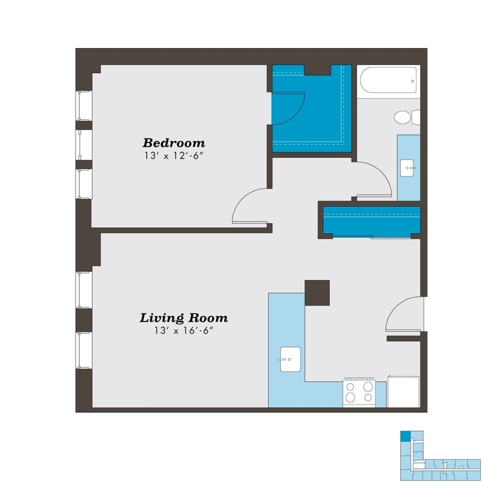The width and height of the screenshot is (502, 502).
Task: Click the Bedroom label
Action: pos(174,143)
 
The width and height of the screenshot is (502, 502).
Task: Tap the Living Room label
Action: pos(183,318)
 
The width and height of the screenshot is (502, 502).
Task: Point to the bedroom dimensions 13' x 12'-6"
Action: pos(174,156)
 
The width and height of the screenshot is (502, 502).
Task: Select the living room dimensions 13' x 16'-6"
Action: pos(183,331)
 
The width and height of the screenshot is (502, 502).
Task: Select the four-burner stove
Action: pos(359,393)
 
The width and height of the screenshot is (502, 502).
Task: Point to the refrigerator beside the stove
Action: pos(404,391)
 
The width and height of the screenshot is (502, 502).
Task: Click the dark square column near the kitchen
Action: pos(317,293)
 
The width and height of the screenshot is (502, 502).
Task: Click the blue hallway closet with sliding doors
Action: pos(371,221)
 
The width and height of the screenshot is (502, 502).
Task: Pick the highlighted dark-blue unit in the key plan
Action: pos(405,436)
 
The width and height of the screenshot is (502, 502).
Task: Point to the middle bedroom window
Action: pos(84,145)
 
